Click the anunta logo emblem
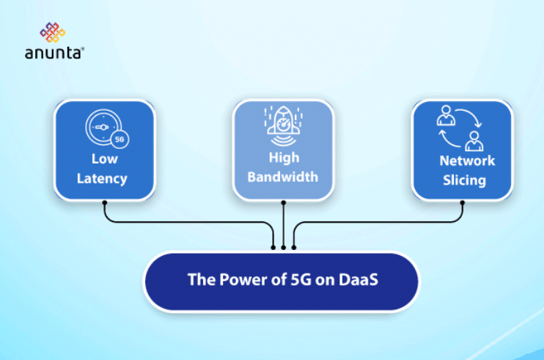pos(52,33)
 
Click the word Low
pos(104,159)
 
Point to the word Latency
pos(104,178)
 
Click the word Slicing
pos(462,180)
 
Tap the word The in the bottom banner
pos(200,282)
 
